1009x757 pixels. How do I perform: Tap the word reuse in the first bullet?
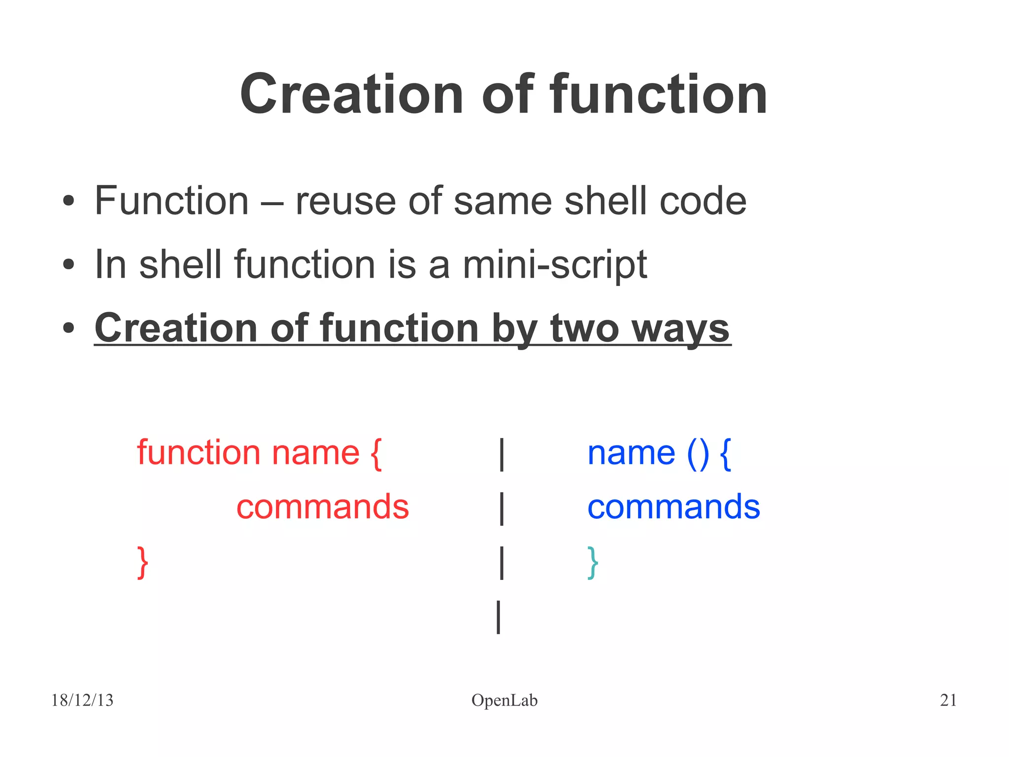pyautogui.click(x=345, y=201)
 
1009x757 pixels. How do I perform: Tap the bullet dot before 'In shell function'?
pyautogui.click(x=68, y=265)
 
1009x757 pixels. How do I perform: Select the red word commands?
pyautogui.click(x=323, y=507)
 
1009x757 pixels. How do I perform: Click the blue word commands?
pyautogui.click(x=673, y=507)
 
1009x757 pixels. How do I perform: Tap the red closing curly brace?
pyautogui.click(x=142, y=562)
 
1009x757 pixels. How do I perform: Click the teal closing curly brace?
pyautogui.click(x=593, y=562)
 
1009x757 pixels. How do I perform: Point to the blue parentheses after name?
pyautogui.click(x=698, y=453)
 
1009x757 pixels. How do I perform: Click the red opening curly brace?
pyautogui.click(x=375, y=454)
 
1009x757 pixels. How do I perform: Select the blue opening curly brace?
pyautogui.click(x=725, y=454)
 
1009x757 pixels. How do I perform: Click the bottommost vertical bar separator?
pyautogui.click(x=499, y=616)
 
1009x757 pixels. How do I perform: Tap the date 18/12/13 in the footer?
pyautogui.click(x=82, y=700)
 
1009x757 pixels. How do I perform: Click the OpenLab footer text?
pyautogui.click(x=504, y=700)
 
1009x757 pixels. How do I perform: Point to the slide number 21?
pyautogui.click(x=948, y=700)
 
